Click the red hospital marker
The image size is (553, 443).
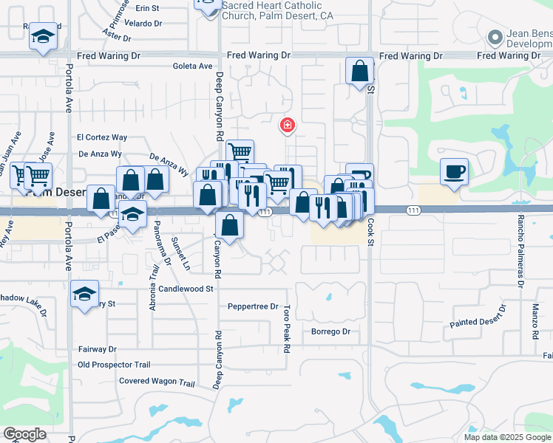(x=287, y=126)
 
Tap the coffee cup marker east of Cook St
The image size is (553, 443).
(x=454, y=171)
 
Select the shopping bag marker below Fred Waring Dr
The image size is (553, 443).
(x=359, y=72)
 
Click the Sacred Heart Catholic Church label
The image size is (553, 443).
(x=272, y=10)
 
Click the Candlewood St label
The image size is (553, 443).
(x=186, y=289)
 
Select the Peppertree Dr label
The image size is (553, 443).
(x=253, y=306)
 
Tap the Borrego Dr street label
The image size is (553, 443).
(x=330, y=332)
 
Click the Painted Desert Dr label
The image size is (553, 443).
(x=478, y=315)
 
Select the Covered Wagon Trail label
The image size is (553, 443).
(x=157, y=382)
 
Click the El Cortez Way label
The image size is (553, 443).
(x=102, y=137)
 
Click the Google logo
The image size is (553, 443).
(x=24, y=434)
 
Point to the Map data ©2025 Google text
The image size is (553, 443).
(x=506, y=437)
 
